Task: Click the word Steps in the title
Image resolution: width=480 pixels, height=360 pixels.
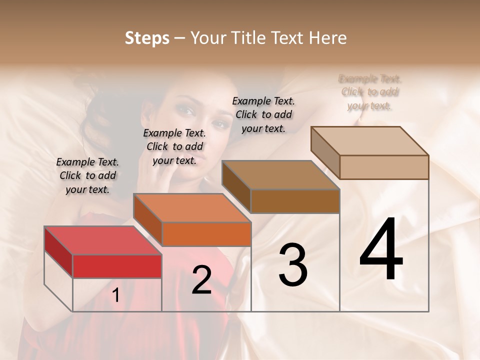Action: point(147,38)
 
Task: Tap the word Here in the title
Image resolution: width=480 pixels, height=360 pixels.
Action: point(328,38)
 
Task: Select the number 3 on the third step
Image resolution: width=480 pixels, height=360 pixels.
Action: point(293,264)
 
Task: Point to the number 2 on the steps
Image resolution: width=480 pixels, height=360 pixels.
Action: point(201,280)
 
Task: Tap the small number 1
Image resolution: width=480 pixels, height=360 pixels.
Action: point(116,295)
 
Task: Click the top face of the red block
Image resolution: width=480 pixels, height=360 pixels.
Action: point(102,240)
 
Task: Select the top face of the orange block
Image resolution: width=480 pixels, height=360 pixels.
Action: point(191,208)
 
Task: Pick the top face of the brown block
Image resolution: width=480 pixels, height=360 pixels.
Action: point(280,175)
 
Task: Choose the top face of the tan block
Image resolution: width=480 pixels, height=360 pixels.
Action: point(369,141)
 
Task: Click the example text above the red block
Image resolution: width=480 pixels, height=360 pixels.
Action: point(87,175)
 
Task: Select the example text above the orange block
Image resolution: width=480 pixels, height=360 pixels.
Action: point(174,146)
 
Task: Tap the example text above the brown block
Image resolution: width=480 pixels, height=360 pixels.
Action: point(263,114)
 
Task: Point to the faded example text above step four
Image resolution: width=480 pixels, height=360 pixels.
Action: point(370,92)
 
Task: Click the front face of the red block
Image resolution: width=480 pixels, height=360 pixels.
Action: point(117,266)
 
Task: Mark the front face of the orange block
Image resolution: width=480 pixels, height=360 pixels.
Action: point(206,234)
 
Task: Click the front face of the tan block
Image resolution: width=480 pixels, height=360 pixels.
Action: point(384,167)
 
